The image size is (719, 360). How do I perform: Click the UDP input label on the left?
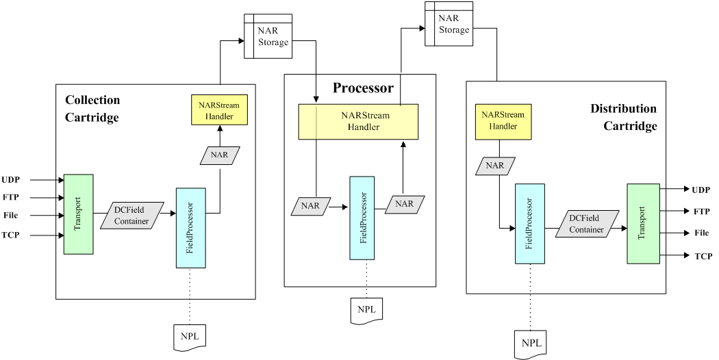point(10,180)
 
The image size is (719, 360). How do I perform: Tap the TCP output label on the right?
point(703,256)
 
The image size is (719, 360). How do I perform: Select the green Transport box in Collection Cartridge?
point(78,214)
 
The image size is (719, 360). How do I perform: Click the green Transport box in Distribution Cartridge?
point(642,223)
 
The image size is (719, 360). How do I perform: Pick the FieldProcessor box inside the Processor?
point(362,218)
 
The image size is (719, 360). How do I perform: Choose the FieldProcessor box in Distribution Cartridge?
point(530,223)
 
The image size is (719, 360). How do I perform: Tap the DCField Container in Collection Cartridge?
point(132,216)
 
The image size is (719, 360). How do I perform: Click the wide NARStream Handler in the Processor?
point(358,121)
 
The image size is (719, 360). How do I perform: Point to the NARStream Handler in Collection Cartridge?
point(219,110)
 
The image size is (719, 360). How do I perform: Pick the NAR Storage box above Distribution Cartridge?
point(449,24)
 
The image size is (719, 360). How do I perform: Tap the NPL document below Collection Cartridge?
point(188,336)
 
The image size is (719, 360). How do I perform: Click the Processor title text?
point(363,88)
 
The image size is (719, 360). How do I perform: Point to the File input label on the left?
point(10,215)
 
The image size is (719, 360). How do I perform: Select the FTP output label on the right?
point(702,211)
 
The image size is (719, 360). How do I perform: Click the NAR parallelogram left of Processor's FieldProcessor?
point(310,205)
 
